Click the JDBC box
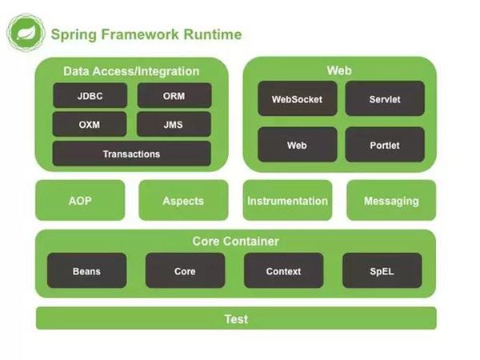(x=90, y=96)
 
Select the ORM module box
(x=174, y=96)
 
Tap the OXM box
(x=90, y=124)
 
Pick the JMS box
(x=174, y=124)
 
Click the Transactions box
(x=132, y=154)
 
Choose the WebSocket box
(x=298, y=99)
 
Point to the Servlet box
(x=385, y=99)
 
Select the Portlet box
(x=385, y=145)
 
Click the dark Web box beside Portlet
(x=298, y=145)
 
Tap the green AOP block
(x=80, y=201)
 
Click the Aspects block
(x=183, y=201)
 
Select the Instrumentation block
(x=287, y=201)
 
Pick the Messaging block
(x=391, y=201)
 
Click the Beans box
(x=86, y=271)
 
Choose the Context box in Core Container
(x=283, y=271)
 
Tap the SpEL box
(x=382, y=271)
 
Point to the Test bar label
(x=236, y=319)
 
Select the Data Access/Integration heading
(x=132, y=71)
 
